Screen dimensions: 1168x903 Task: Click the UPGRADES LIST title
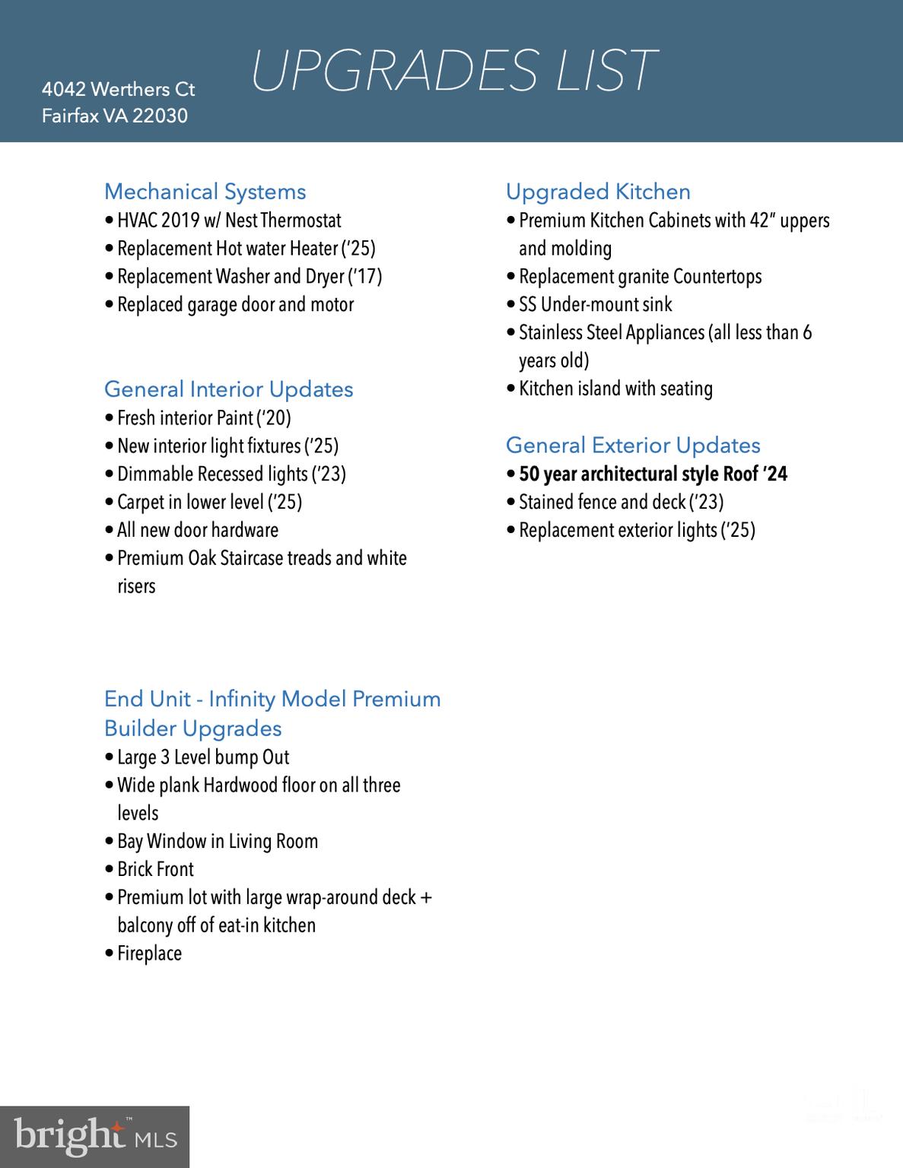click(x=453, y=71)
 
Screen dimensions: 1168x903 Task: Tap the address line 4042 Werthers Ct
click(x=118, y=90)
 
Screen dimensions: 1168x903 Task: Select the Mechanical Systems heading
click(x=205, y=192)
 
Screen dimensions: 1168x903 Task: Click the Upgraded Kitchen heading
click(x=598, y=192)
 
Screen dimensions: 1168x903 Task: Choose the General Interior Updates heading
click(x=228, y=389)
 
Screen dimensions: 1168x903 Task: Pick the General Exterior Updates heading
click(x=633, y=446)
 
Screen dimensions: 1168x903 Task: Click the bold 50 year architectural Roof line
click(x=653, y=474)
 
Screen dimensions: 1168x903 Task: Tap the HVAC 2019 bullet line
click(x=229, y=221)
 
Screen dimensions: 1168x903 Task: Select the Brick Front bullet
click(x=155, y=869)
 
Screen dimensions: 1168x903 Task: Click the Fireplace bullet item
click(x=149, y=954)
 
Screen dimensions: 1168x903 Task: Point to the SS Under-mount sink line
click(x=595, y=305)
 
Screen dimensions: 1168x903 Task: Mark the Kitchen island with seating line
click(x=615, y=389)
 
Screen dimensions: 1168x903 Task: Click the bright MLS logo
click(x=94, y=1137)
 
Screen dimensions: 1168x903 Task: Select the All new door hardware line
click(x=198, y=530)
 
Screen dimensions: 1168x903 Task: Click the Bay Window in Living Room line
click(x=218, y=841)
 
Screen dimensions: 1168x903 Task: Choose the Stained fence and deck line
click(x=621, y=502)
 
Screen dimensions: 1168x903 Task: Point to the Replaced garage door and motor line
click(x=235, y=305)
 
